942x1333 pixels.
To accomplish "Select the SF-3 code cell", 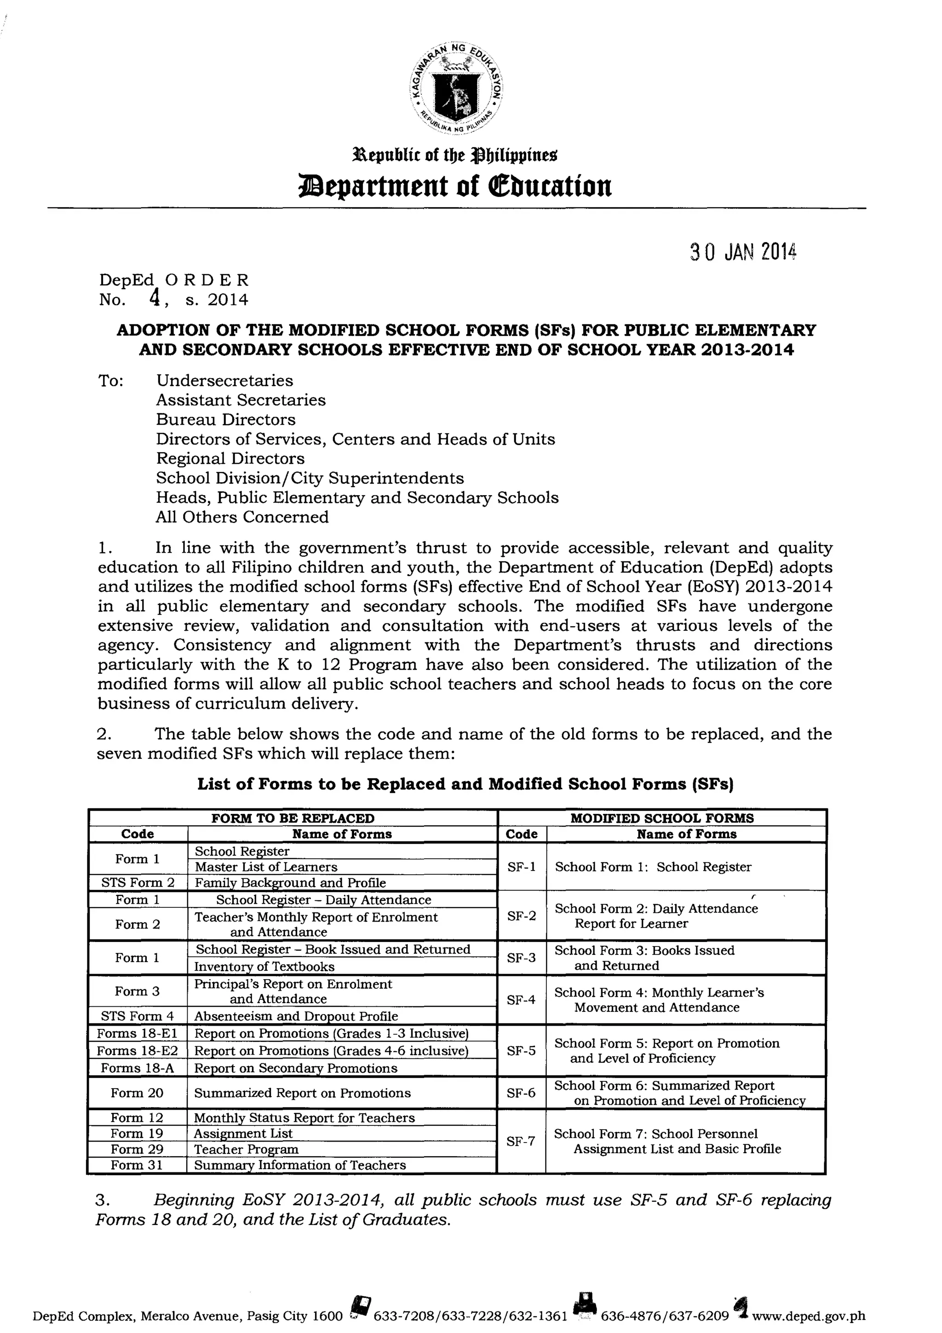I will [x=521, y=958].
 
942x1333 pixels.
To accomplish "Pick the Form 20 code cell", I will [x=137, y=1093].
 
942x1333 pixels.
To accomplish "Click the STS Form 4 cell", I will [x=137, y=1016].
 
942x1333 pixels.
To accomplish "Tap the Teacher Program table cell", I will [x=246, y=1149].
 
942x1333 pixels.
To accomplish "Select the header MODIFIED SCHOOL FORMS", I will [x=662, y=818].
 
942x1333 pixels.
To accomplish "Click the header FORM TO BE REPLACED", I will [x=293, y=818].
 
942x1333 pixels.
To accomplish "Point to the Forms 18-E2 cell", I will [x=137, y=1051].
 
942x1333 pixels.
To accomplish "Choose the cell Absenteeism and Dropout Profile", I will [x=296, y=1016].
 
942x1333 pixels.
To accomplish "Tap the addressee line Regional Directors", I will [x=230, y=459].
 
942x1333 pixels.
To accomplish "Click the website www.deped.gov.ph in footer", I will [x=811, y=1316].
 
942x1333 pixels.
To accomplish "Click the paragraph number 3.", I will [x=102, y=1200].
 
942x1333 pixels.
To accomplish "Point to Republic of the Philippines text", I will [x=456, y=155].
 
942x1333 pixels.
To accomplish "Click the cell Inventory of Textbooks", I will [x=264, y=967].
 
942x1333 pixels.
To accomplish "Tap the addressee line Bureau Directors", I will [x=226, y=420].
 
